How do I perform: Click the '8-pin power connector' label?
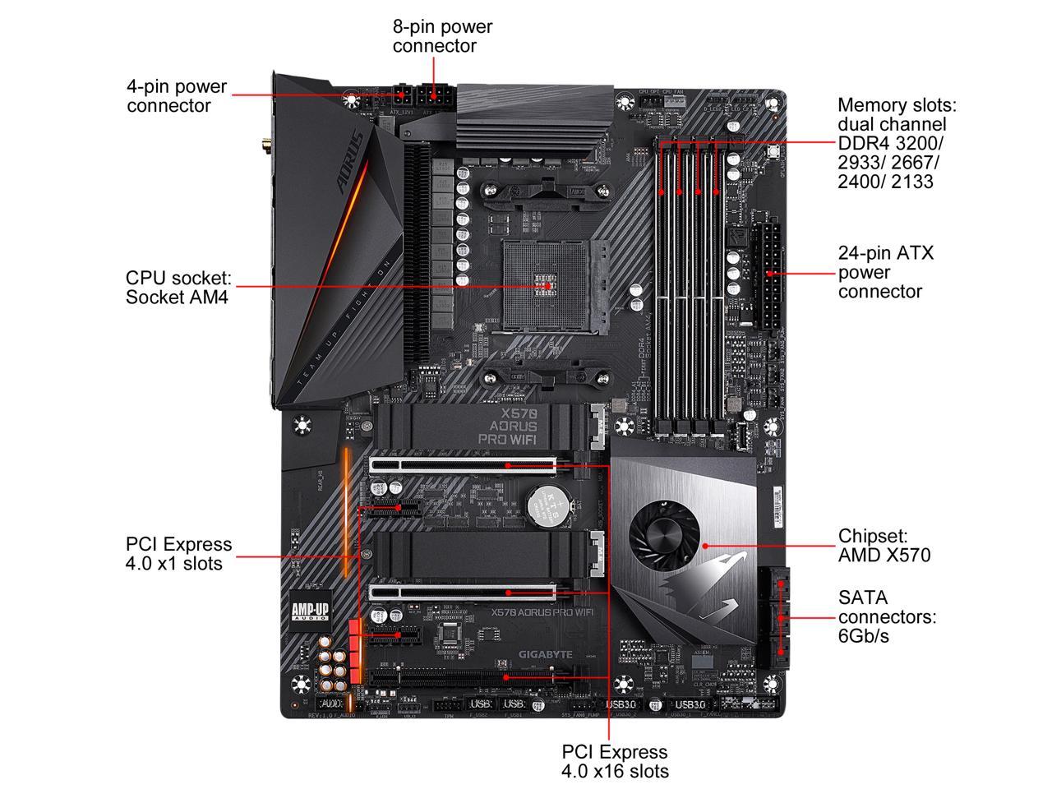442,36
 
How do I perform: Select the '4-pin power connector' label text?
176,96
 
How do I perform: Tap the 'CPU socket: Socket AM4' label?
177,287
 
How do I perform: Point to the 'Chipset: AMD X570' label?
884,546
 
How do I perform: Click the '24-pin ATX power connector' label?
885,272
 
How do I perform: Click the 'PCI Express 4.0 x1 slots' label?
178,554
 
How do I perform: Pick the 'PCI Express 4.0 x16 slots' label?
615,761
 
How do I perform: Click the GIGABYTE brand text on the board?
545,654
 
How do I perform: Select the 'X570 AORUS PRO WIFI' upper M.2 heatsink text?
508,427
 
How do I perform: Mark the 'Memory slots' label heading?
897,105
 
